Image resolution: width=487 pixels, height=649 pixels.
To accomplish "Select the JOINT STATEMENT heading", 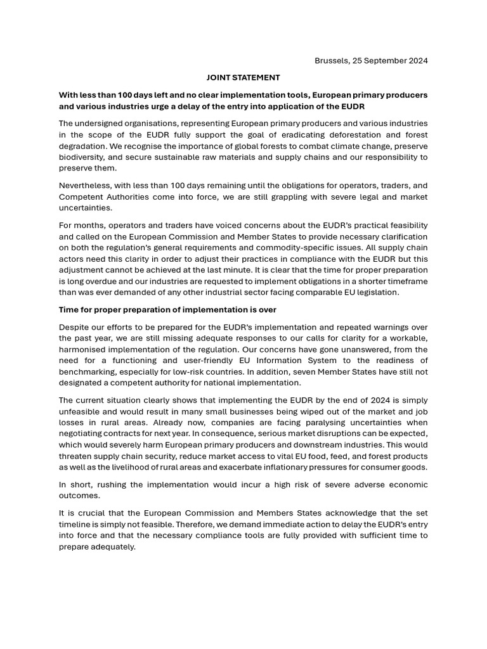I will (x=243, y=78).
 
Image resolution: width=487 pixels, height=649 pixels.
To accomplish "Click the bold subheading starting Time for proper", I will (x=167, y=310).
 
